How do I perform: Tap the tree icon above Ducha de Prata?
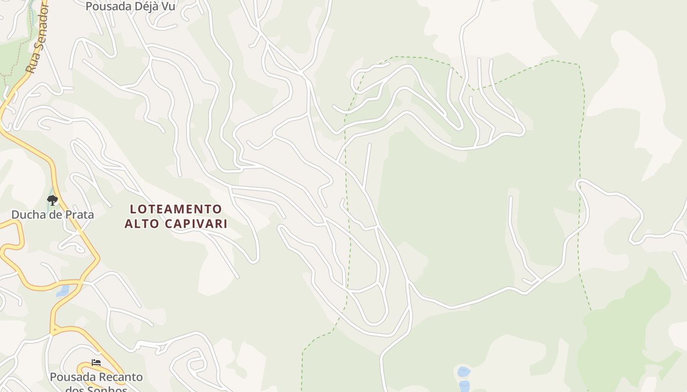(x=52, y=200)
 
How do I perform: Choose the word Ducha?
(x=27, y=215)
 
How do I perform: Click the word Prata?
(x=79, y=215)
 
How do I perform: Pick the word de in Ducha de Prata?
(x=54, y=215)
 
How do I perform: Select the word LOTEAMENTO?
(x=176, y=209)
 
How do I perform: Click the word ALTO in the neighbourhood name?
(x=140, y=224)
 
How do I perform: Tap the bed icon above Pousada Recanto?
(x=96, y=363)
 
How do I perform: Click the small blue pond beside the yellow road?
(x=63, y=291)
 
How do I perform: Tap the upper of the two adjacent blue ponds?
(x=463, y=372)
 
